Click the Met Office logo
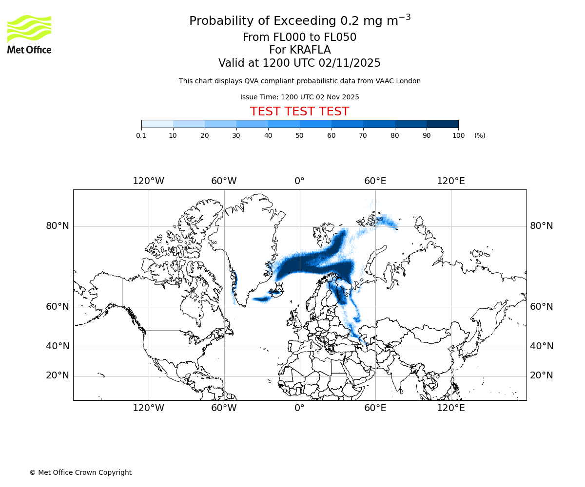point(29,34)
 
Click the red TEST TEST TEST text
point(299,112)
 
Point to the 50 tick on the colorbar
point(300,135)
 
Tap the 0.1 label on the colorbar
point(141,135)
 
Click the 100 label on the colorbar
point(458,135)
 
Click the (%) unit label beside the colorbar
point(480,135)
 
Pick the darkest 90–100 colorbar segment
point(442,124)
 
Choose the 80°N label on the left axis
point(58,226)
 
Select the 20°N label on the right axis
point(542,375)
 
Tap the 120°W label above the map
point(149,181)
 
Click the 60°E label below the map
point(375,408)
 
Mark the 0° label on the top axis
point(299,181)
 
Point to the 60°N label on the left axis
point(58,307)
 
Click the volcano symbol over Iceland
point(279,286)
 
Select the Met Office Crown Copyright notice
point(80,472)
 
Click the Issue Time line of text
point(299,97)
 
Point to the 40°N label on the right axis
point(542,346)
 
